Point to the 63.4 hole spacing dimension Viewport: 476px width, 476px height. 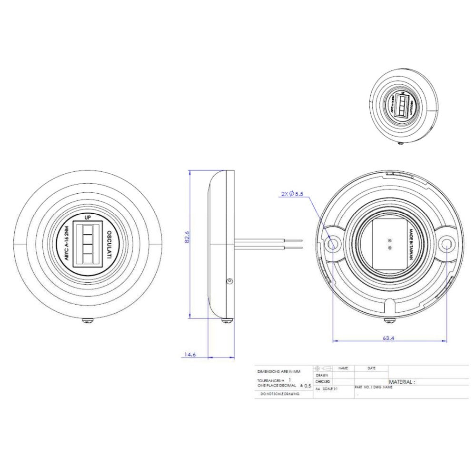click(388, 338)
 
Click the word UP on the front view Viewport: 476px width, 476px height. click(88, 217)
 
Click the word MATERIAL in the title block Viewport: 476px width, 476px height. click(401, 382)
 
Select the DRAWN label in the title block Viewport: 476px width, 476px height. click(322, 375)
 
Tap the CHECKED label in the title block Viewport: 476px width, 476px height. click(323, 382)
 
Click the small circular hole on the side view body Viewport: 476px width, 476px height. click(229, 282)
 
